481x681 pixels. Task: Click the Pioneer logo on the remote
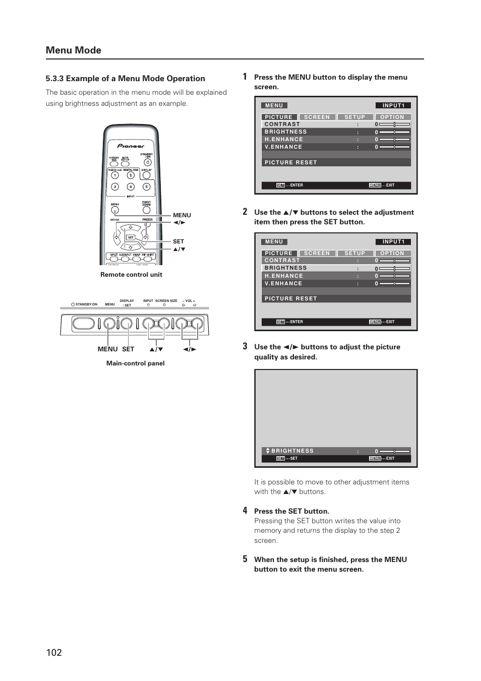tap(131, 146)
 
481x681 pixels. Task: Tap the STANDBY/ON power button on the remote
tap(147, 163)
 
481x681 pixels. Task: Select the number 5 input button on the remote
tap(146, 187)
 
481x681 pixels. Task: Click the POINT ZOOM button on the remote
tap(146, 210)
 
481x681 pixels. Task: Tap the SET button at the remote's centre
tap(131, 237)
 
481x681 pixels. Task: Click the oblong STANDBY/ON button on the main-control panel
tap(83, 324)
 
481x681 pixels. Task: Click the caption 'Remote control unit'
tap(131, 275)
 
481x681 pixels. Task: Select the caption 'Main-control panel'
tap(135, 363)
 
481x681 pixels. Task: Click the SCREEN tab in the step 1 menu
tap(317, 117)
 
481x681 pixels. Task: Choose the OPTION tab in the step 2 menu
tap(392, 254)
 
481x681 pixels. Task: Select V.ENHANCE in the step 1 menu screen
tap(283, 147)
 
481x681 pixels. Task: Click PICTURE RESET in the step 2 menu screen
tap(291, 299)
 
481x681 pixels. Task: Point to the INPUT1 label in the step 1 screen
tap(393, 105)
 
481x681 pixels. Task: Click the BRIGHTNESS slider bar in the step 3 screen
tap(395, 451)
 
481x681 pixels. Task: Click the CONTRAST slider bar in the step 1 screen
tap(395, 124)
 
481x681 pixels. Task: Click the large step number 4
tap(245, 511)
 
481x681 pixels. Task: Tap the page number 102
tap(54, 652)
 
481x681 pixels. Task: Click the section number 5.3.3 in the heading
tap(54, 79)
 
